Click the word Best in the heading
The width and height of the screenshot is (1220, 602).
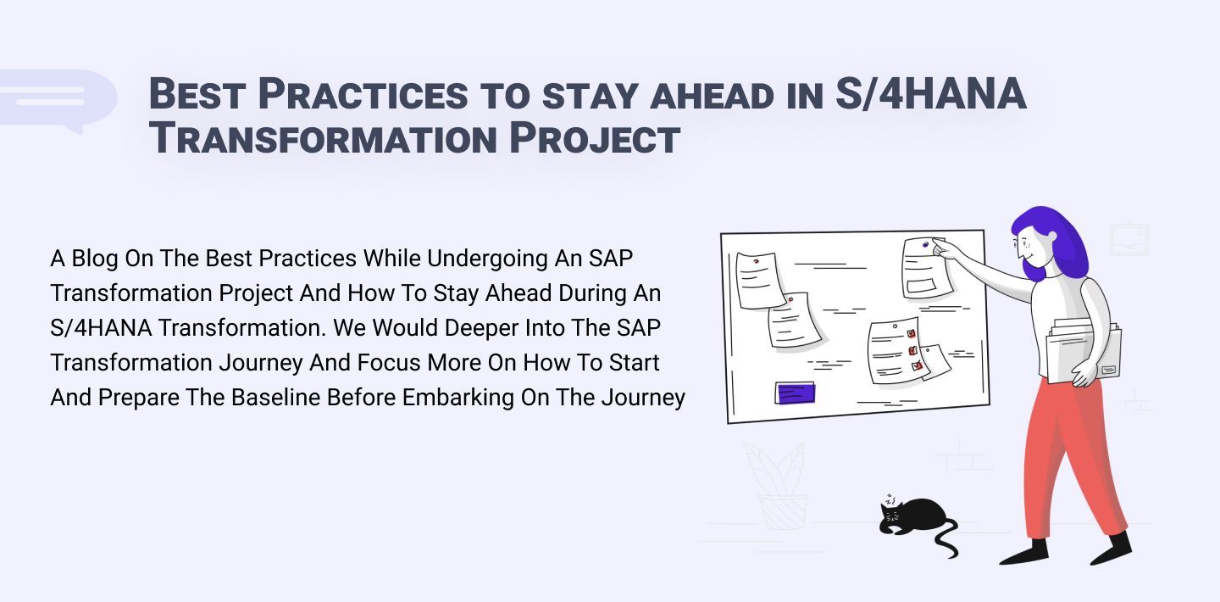[197, 94]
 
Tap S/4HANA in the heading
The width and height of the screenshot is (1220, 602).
[930, 94]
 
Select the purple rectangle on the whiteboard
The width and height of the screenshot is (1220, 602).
[795, 393]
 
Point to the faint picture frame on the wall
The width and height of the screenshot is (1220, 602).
[1129, 240]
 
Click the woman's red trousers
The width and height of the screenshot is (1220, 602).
[1072, 458]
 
